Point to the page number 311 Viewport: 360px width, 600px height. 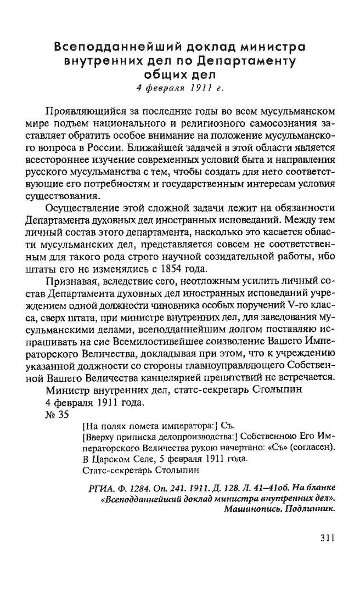pos(324,539)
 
